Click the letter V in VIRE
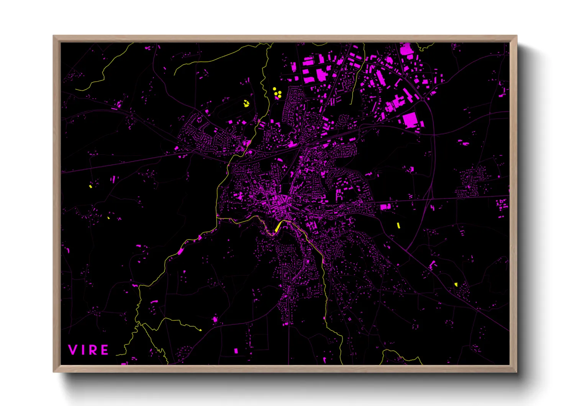(72, 350)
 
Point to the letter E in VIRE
(105, 350)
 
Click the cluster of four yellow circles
(277, 92)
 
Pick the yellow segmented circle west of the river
(246, 103)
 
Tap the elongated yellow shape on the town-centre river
(277, 228)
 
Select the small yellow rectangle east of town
(398, 225)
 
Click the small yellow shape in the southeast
(456, 284)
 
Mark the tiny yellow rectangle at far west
(90, 186)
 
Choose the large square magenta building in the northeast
(410, 120)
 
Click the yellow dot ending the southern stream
(200, 330)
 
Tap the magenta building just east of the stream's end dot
(215, 319)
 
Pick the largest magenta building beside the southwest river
(180, 252)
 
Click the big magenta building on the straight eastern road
(384, 207)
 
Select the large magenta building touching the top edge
(405, 50)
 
